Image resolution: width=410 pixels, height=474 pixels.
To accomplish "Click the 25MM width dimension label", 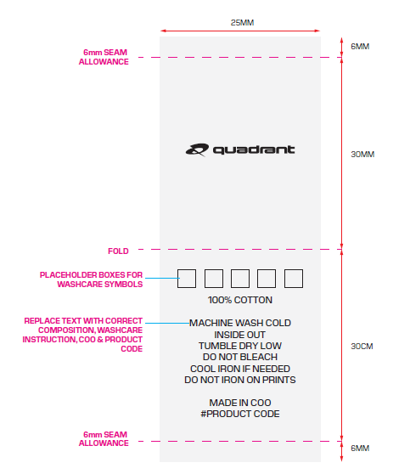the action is click(x=242, y=23).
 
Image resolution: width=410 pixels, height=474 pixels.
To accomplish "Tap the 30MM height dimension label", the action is click(x=362, y=155).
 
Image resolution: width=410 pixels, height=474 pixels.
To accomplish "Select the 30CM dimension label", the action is click(x=362, y=346).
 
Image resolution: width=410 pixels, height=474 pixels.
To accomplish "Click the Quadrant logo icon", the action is click(x=197, y=150).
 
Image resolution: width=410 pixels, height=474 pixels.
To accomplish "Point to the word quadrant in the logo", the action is click(x=254, y=150).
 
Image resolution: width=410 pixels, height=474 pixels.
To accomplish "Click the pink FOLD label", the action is click(x=118, y=251).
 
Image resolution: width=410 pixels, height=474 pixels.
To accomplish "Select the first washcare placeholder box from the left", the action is click(x=187, y=279).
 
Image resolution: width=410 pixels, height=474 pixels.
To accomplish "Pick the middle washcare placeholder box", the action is click(x=240, y=279).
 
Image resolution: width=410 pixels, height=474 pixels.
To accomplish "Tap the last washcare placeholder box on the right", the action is click(x=294, y=279).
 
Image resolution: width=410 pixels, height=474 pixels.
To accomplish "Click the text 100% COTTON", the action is click(x=240, y=300).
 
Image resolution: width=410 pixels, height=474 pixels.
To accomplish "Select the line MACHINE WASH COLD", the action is click(x=240, y=323).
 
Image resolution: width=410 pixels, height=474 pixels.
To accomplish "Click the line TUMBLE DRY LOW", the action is click(x=240, y=346).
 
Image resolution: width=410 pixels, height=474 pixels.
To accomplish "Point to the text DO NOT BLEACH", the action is click(x=240, y=357).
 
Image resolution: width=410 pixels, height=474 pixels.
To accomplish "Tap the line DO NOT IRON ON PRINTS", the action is click(x=240, y=380).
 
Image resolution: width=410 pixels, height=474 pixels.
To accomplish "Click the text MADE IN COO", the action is click(x=240, y=403).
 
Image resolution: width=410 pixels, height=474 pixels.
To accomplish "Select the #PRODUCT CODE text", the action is click(x=240, y=414).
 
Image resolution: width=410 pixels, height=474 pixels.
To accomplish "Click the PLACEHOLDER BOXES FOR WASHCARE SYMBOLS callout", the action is click(x=91, y=279).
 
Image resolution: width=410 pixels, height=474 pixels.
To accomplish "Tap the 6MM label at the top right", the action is click(x=360, y=47).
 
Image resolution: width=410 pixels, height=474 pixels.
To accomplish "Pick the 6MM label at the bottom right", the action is click(x=360, y=448).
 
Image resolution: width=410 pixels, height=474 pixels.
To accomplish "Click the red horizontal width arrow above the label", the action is click(x=240, y=31).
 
